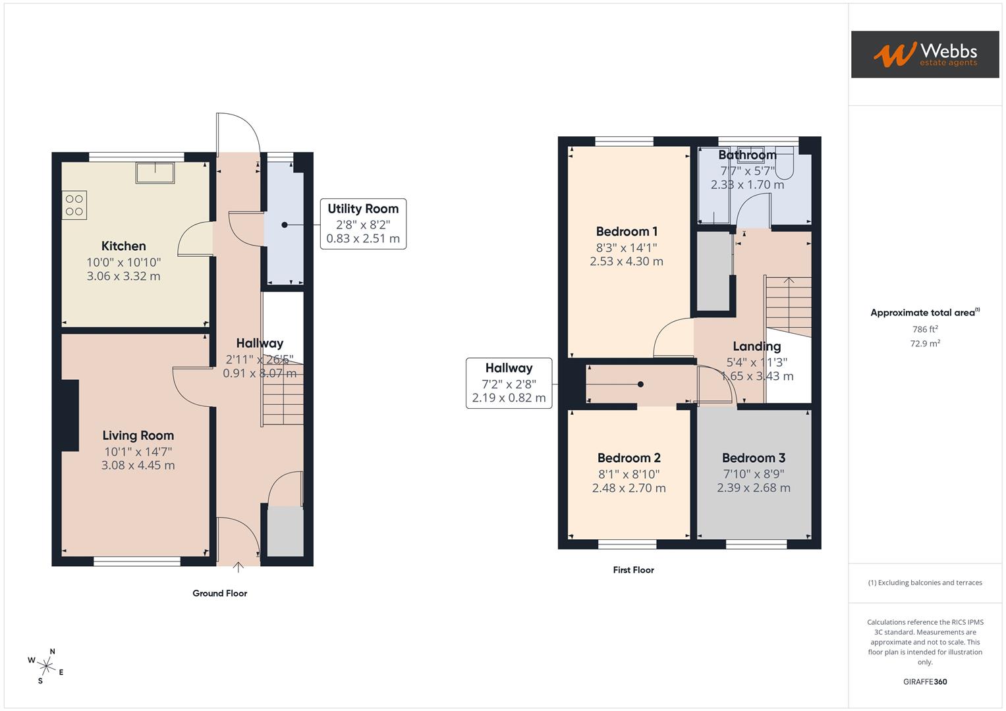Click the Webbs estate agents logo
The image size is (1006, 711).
(x=924, y=54)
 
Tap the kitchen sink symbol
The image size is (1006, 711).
(x=155, y=172)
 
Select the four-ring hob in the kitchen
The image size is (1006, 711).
(x=74, y=204)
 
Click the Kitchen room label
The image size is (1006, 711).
(x=123, y=246)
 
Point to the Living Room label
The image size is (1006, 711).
(x=138, y=435)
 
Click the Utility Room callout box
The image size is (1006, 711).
(x=363, y=224)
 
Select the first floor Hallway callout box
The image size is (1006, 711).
(x=509, y=383)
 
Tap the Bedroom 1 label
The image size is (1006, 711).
(x=627, y=232)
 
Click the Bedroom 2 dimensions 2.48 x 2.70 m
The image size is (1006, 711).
(x=629, y=488)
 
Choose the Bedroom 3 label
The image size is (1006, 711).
(x=754, y=458)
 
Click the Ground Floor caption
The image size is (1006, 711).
(x=219, y=593)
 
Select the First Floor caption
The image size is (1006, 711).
(x=633, y=570)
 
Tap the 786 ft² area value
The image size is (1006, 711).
(x=925, y=329)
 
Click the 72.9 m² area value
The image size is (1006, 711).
(x=925, y=344)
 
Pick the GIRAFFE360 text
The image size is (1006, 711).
(x=925, y=681)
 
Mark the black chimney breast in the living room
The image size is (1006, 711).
(x=70, y=415)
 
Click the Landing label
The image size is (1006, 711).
(x=756, y=346)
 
